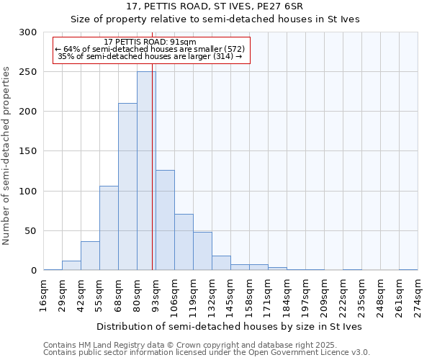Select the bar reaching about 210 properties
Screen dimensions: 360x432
click(x=127, y=186)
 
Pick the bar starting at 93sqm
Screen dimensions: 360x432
click(x=165, y=220)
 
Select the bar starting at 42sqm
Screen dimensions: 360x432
click(x=90, y=256)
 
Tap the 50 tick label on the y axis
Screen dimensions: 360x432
click(x=30, y=231)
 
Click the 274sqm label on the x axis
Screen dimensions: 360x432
click(x=418, y=296)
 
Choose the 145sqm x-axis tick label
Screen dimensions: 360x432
click(x=231, y=296)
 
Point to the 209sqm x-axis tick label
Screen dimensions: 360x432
click(x=324, y=296)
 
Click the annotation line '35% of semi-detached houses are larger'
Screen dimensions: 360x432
click(x=150, y=56)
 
